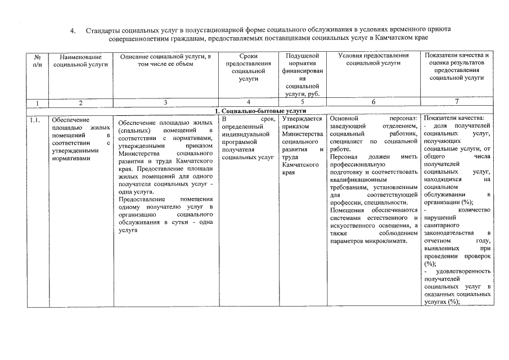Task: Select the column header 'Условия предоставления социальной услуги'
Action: tap(373, 59)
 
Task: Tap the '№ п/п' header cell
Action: tap(37, 61)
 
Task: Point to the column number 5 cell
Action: tap(303, 102)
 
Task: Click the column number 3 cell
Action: tap(165, 102)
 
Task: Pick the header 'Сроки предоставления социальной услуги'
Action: tap(248, 67)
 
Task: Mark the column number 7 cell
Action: tap(457, 102)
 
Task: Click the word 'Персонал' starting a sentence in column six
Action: tap(345, 158)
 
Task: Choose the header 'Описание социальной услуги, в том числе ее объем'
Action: tap(165, 59)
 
